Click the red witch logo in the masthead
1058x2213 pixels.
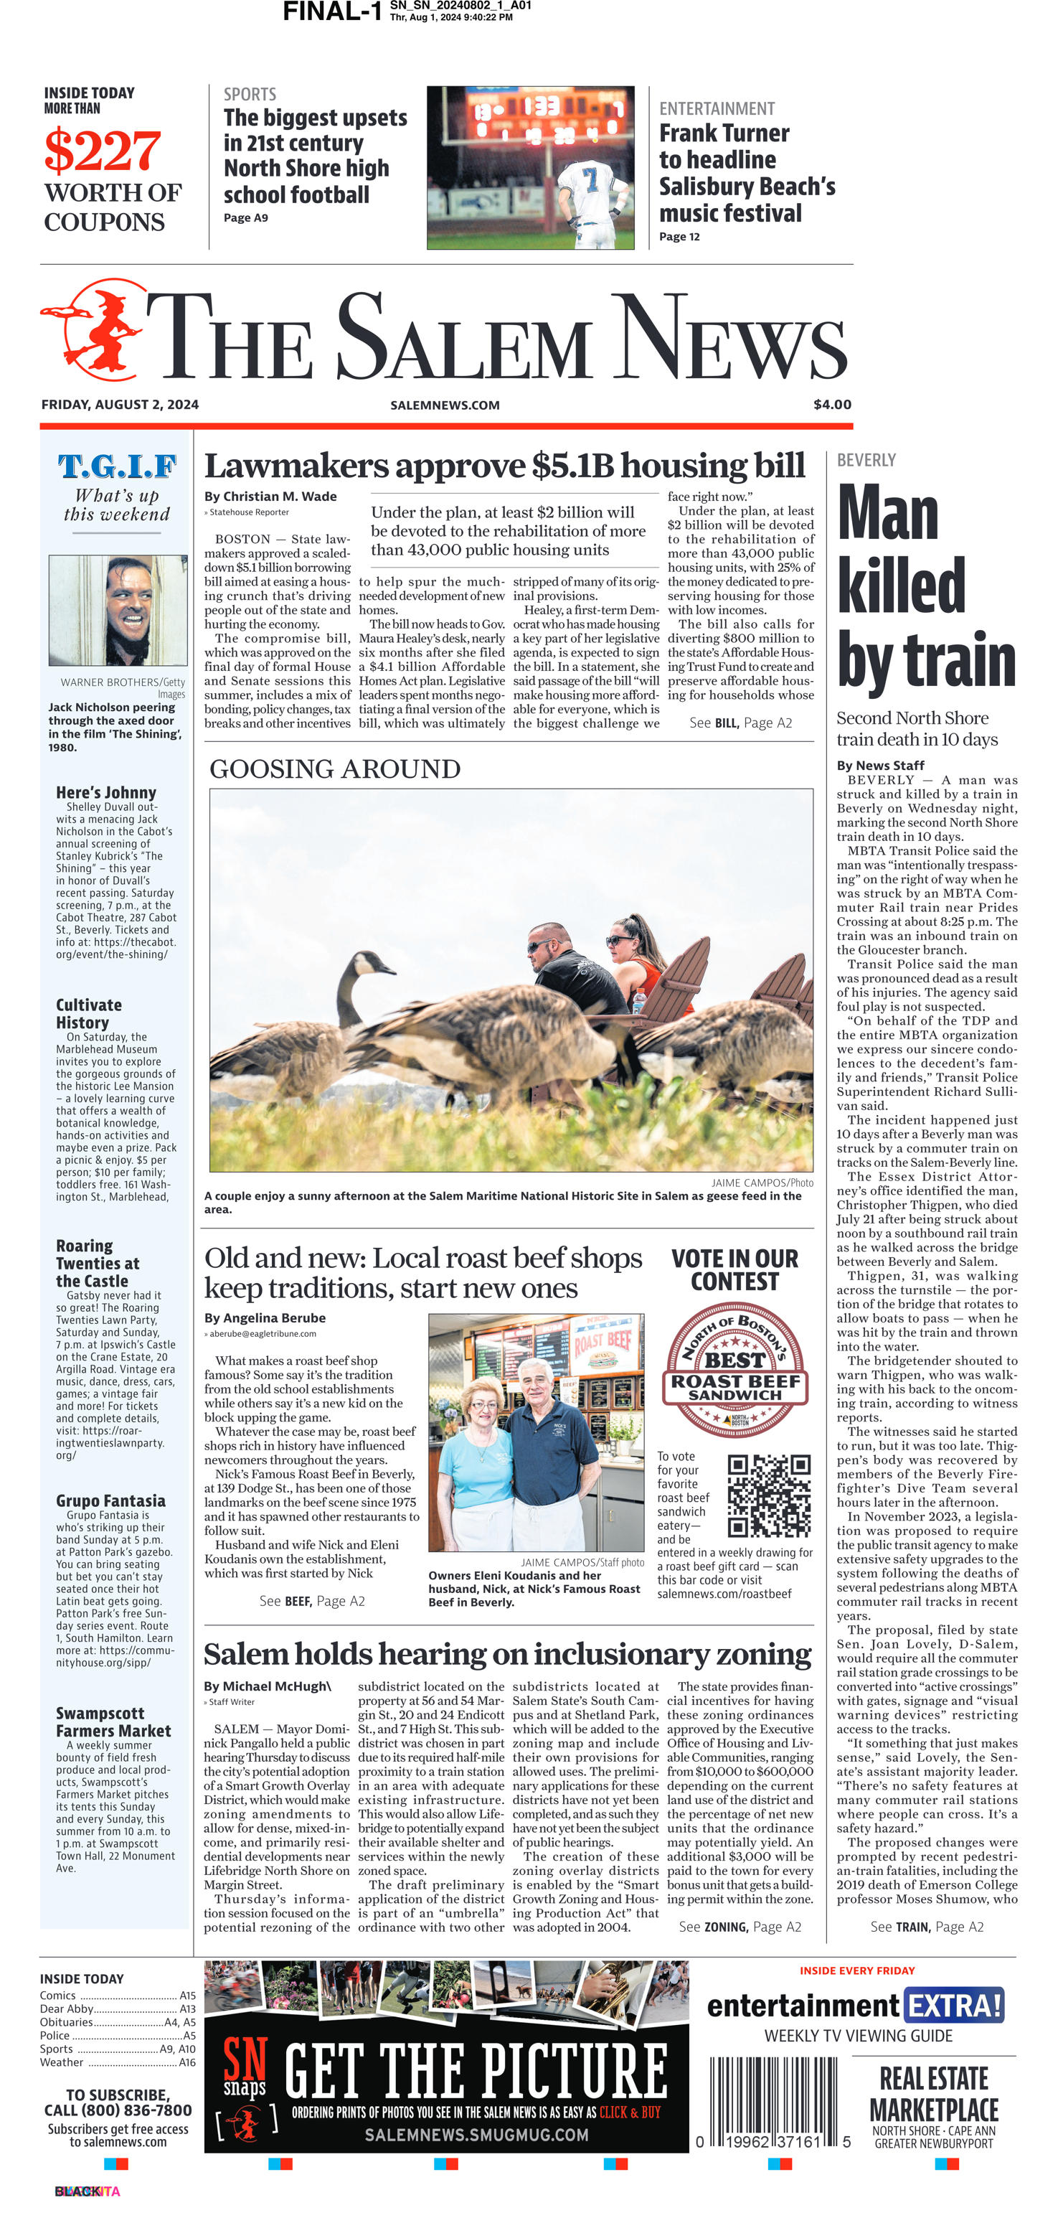point(93,331)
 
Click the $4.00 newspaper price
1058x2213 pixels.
point(832,405)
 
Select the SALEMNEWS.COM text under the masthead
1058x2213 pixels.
point(445,405)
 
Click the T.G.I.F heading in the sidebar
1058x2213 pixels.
point(117,466)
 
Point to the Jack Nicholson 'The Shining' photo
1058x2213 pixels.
point(118,610)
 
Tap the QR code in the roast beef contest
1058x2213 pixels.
point(769,1495)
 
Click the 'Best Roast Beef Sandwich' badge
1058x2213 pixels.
point(735,1371)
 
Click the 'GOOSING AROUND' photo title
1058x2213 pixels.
point(335,769)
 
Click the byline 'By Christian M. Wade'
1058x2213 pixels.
point(270,497)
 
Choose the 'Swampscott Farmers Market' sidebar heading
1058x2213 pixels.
point(113,1721)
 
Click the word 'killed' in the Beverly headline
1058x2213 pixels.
point(901,587)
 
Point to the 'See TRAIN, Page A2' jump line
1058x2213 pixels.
point(927,1927)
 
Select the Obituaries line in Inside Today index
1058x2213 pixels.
point(118,2022)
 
